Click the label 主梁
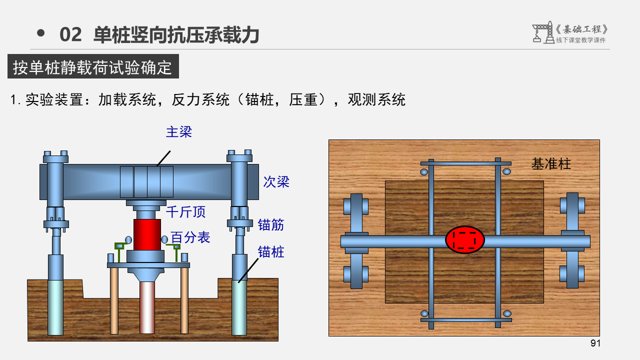(179, 132)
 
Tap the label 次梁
(276, 182)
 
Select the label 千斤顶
(186, 212)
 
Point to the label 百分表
(190, 237)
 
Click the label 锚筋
(271, 225)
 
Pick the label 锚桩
(271, 252)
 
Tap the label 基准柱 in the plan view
(551, 164)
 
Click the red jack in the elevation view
(147, 234)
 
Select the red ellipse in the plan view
(465, 240)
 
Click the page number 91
(595, 343)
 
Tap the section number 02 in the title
(70, 35)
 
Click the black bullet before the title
(41, 33)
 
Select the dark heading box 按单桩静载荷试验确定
(93, 67)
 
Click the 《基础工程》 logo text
(583, 29)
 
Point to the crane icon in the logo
(541, 32)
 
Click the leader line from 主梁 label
(163, 158)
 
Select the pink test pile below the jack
(147, 307)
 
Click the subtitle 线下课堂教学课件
(580, 40)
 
